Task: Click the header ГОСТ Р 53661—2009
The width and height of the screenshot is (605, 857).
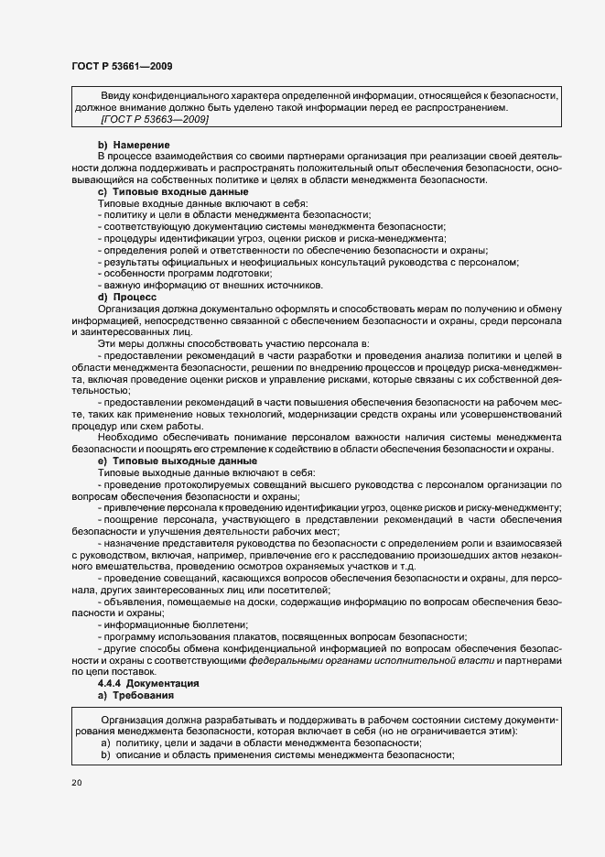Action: (x=121, y=66)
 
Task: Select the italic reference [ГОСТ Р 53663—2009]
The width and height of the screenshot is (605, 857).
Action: (x=155, y=120)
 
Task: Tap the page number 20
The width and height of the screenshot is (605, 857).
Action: (x=75, y=783)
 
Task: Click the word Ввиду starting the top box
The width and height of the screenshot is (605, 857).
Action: (x=116, y=96)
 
